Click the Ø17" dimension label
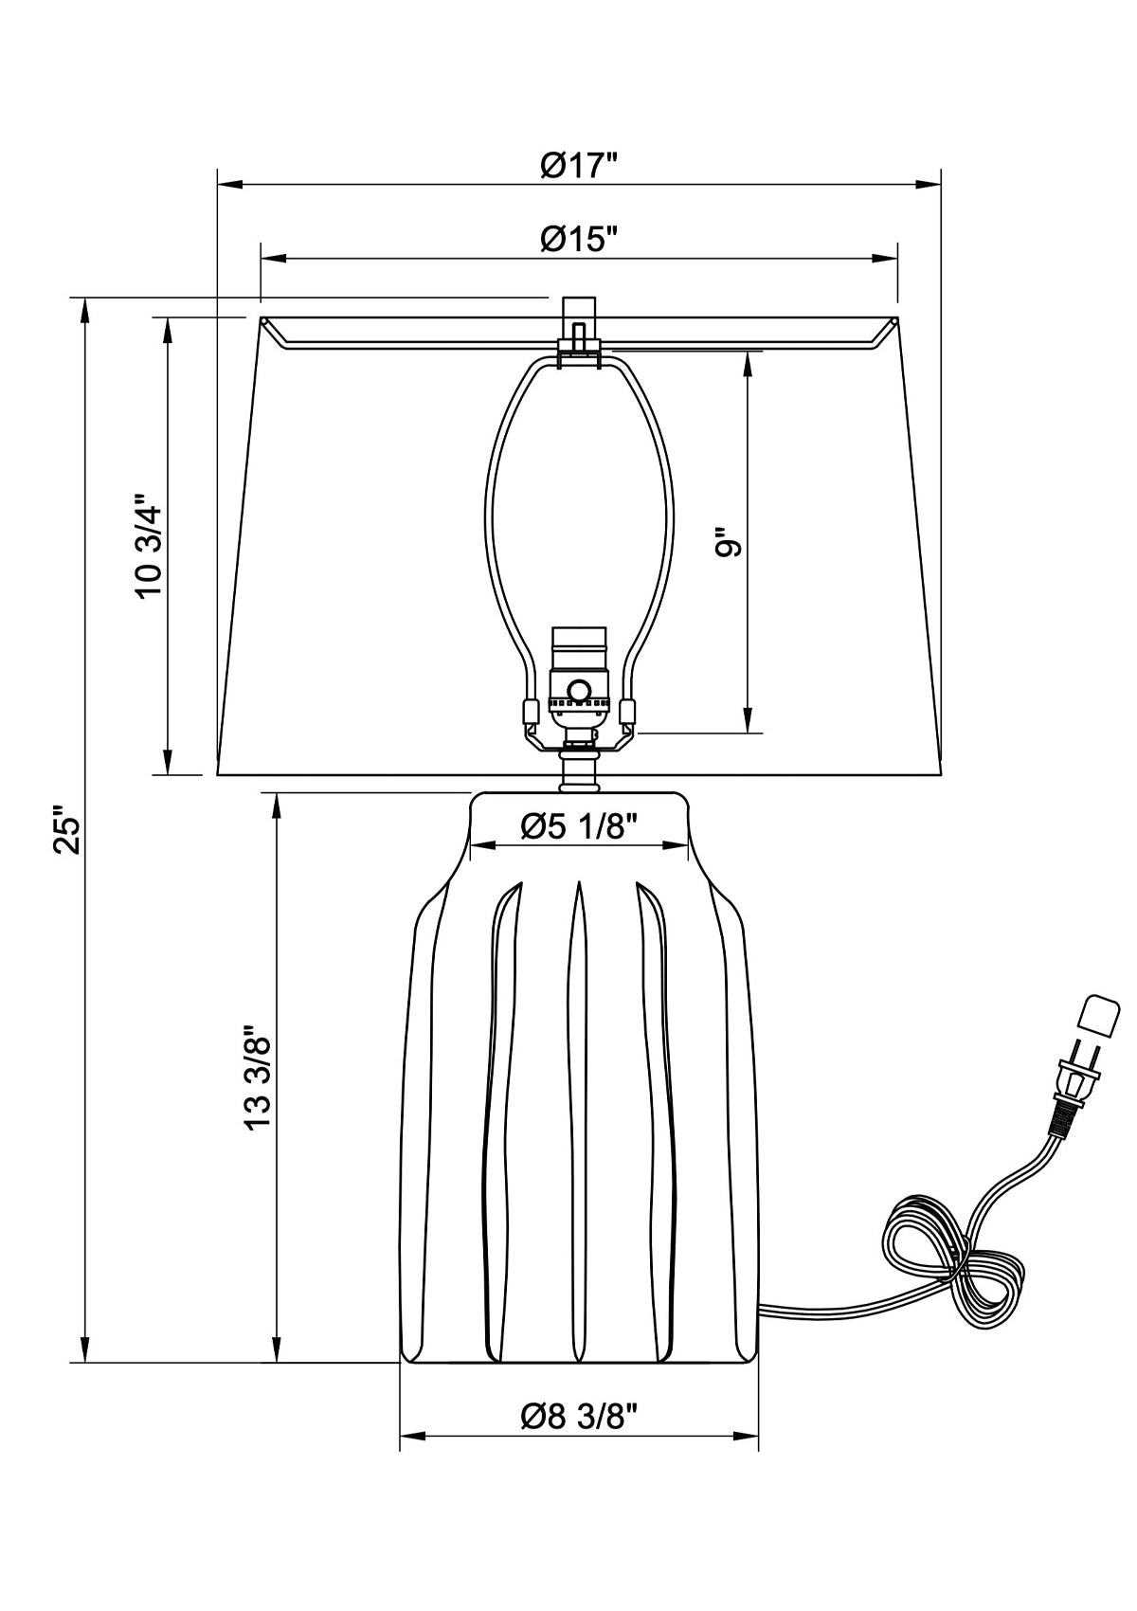[x=579, y=166]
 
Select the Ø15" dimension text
[x=579, y=239]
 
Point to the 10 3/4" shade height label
[x=150, y=545]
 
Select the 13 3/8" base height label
[x=258, y=1077]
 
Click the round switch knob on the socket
[x=578, y=690]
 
